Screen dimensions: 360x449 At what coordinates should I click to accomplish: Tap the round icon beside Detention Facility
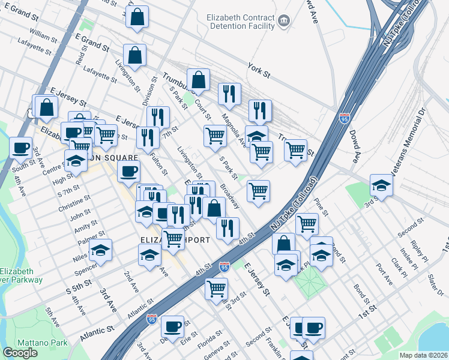[x=284, y=22]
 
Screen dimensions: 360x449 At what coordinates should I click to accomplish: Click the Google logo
[x=20, y=353]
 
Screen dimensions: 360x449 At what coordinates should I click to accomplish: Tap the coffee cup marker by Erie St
[x=173, y=326]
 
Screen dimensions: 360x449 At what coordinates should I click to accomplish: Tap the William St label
[x=43, y=37]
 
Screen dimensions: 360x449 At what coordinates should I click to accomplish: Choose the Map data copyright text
[x=424, y=355]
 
